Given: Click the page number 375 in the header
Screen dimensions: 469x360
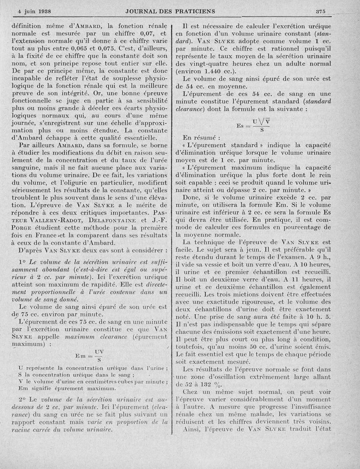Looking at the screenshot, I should click(x=320, y=11).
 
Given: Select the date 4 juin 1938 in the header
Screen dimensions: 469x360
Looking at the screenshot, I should click(x=34, y=11).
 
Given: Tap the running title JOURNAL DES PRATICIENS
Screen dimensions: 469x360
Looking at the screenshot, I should click(x=170, y=11).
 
